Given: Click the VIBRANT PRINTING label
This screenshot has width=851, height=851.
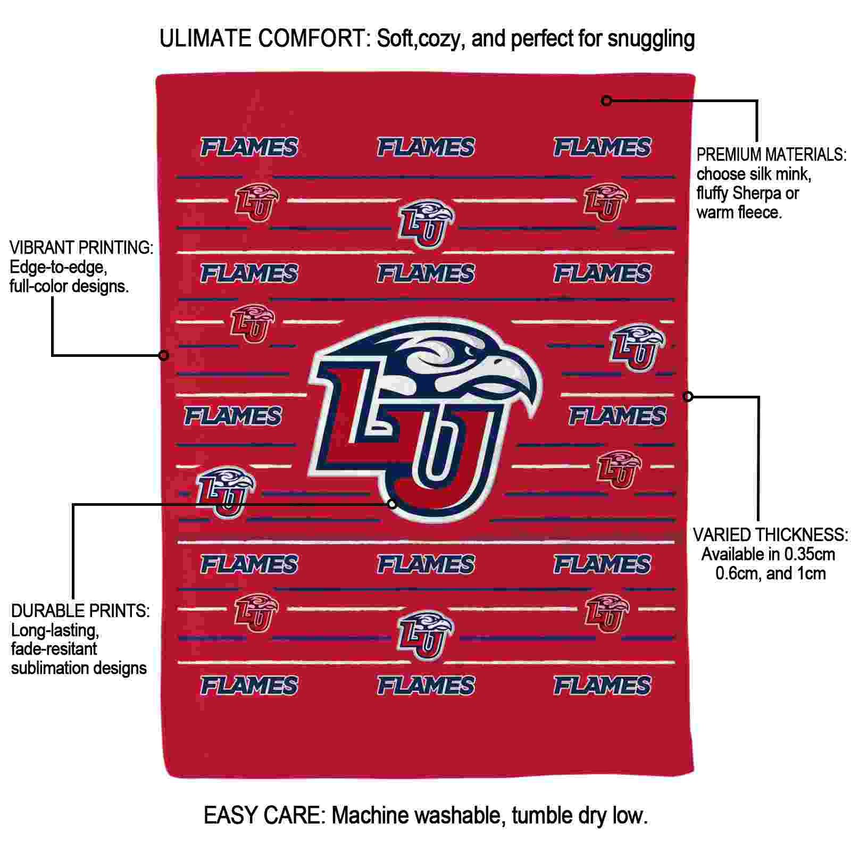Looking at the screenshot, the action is pos(81,248).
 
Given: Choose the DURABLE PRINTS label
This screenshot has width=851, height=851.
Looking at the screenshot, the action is pos(80,611).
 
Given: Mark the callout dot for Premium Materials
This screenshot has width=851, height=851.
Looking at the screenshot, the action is pos(606,100).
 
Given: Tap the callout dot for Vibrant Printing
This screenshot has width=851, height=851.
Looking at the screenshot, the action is pos(164,355).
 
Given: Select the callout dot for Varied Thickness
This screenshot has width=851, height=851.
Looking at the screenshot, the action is pos(688,396).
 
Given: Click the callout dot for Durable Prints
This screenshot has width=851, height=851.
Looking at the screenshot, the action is pos(392,503).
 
